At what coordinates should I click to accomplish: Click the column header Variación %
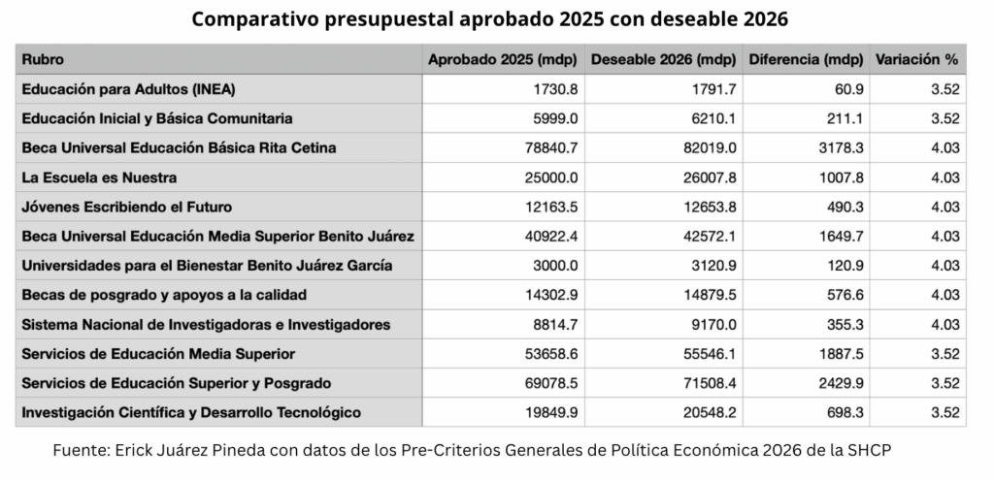[x=917, y=60]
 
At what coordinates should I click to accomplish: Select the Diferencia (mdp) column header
[x=806, y=60]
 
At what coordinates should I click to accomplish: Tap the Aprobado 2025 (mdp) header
[x=502, y=60]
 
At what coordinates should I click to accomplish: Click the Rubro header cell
[x=44, y=60]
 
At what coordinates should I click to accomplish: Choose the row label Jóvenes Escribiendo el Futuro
[x=127, y=207]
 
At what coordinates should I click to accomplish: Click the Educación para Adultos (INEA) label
[x=128, y=89]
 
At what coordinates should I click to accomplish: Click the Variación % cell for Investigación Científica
[x=944, y=412]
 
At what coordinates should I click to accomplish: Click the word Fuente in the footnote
[x=80, y=451]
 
